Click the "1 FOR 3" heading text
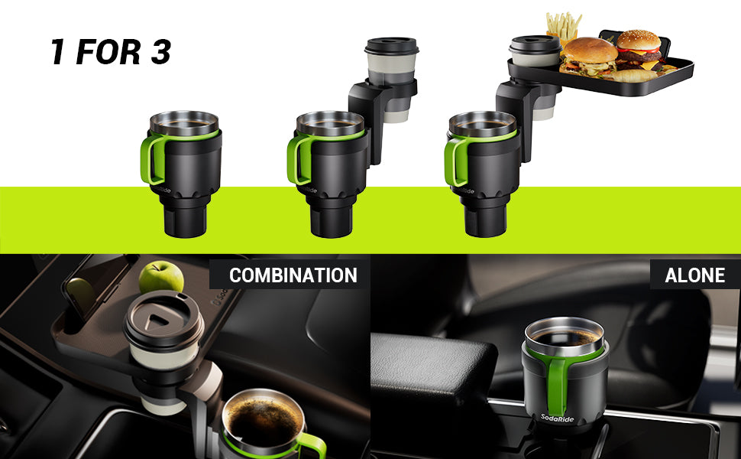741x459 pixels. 110,51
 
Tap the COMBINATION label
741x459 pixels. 293,275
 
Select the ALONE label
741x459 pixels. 694,275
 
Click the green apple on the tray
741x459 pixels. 161,277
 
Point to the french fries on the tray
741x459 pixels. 563,27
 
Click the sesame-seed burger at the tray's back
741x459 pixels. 639,47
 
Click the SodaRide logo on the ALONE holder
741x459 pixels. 557,418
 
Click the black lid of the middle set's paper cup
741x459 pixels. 391,46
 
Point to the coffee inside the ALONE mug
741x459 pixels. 565,337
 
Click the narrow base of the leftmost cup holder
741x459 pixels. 185,219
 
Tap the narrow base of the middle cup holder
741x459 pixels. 332,219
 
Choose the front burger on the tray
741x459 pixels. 589,57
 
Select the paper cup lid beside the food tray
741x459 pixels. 535,44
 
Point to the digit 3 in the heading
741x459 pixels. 160,52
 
